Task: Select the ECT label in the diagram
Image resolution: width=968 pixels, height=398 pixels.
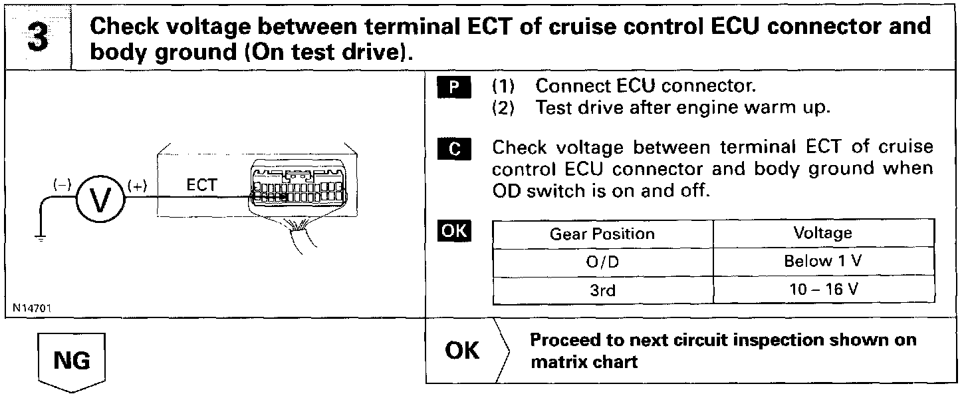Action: pos(201,186)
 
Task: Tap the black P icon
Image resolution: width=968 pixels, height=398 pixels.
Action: pos(455,87)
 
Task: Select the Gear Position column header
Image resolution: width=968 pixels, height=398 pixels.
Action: pos(602,234)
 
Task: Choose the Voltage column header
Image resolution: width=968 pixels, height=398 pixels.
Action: pos(822,233)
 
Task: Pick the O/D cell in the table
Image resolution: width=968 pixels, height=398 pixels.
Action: pos(602,262)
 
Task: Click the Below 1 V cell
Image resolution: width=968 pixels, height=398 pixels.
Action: pos(822,262)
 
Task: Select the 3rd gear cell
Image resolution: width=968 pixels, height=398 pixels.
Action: pos(602,290)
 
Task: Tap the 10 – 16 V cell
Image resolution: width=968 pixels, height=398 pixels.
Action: pos(822,290)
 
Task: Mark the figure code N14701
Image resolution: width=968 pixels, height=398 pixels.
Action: pos(32,308)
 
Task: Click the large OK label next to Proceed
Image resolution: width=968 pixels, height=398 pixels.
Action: pos(461,351)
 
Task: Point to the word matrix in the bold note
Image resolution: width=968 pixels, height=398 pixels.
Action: pos(556,362)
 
